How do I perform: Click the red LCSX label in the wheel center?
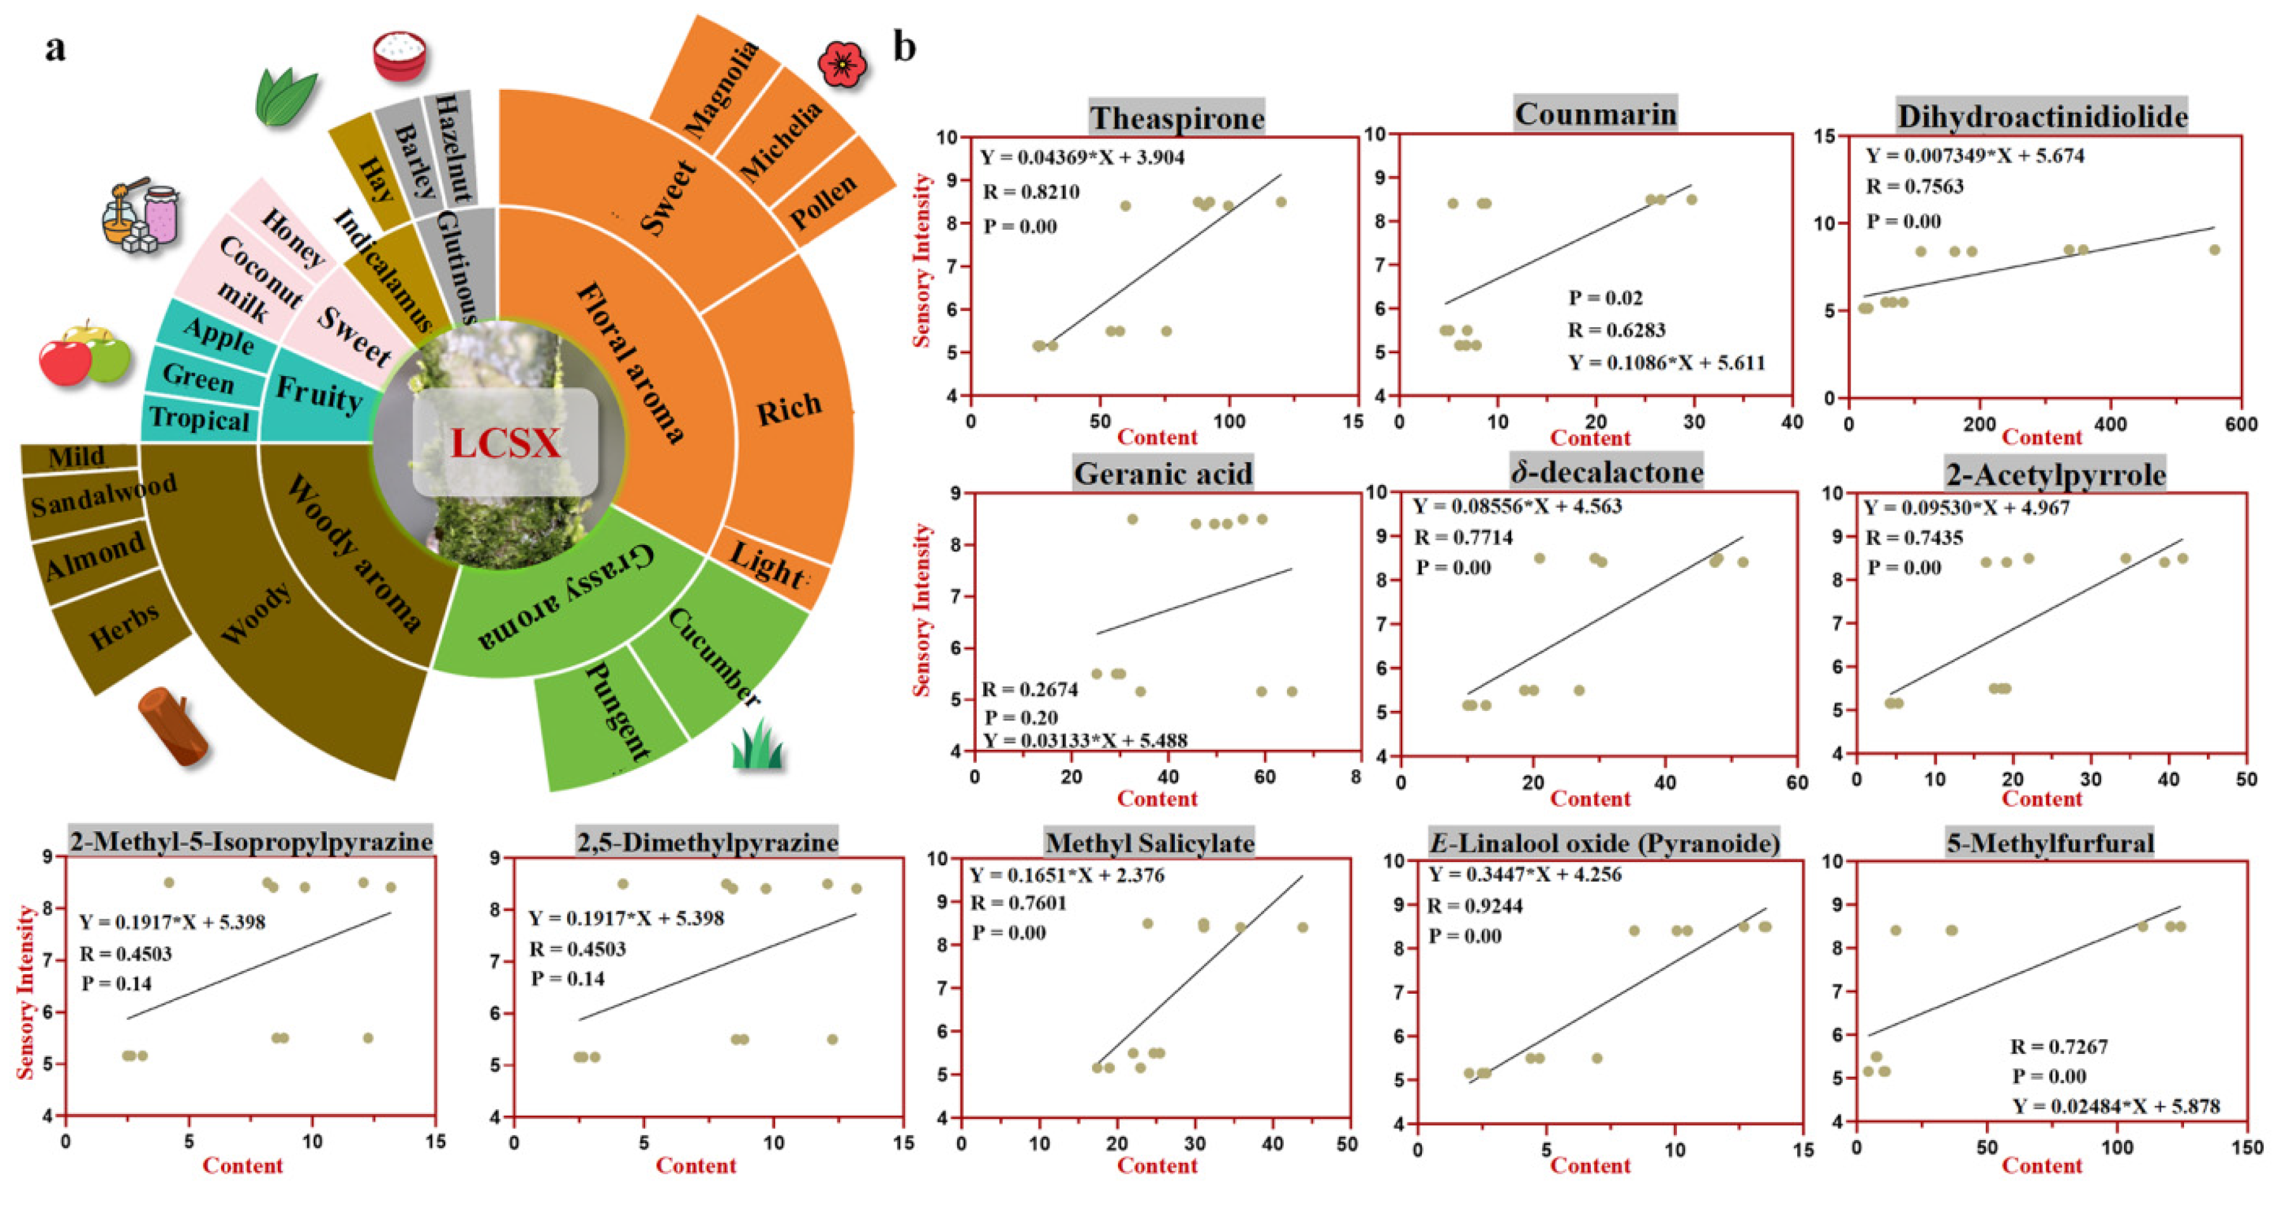505,443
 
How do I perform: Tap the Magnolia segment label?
722,89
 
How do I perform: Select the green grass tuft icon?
757,744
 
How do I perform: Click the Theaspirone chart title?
1177,118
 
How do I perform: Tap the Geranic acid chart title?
1162,473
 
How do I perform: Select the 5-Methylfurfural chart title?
2049,843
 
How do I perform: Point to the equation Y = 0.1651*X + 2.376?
1067,875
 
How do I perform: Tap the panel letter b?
904,46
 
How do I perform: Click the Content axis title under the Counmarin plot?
1590,438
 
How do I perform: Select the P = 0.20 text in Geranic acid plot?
1021,717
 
